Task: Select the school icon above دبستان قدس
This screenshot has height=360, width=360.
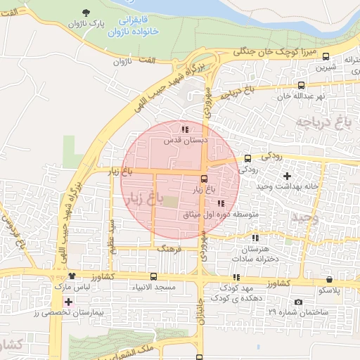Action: [x=185, y=129]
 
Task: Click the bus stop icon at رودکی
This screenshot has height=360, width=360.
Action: [x=247, y=159]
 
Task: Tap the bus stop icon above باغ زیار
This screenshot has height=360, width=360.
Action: [x=204, y=179]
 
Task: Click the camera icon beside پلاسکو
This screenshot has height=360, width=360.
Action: [x=299, y=302]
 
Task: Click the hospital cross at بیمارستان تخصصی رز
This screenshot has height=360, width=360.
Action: [x=67, y=301]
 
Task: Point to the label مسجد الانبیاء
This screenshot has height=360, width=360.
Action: [x=154, y=288]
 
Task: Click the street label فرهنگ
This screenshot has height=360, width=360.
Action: [x=169, y=248]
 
